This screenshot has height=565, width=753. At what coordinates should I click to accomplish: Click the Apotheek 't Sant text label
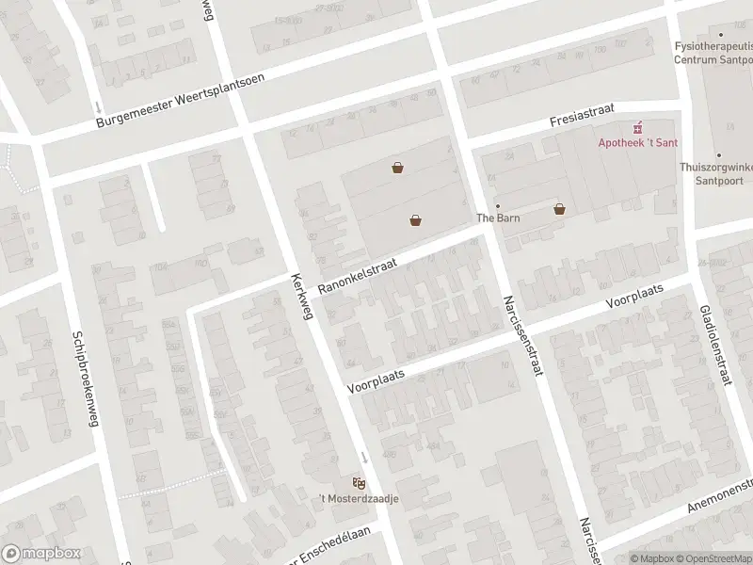[640, 142]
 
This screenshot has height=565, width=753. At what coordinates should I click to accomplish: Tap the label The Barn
[499, 218]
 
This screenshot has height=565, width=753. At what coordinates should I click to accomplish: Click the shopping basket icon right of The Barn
[560, 209]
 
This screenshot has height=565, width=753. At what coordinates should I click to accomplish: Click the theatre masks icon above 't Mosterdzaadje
[359, 482]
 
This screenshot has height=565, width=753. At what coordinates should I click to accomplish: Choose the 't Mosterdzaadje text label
[359, 498]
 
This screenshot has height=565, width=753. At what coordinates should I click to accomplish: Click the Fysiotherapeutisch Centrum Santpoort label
[713, 52]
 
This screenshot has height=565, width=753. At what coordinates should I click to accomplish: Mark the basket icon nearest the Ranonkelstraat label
[415, 220]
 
